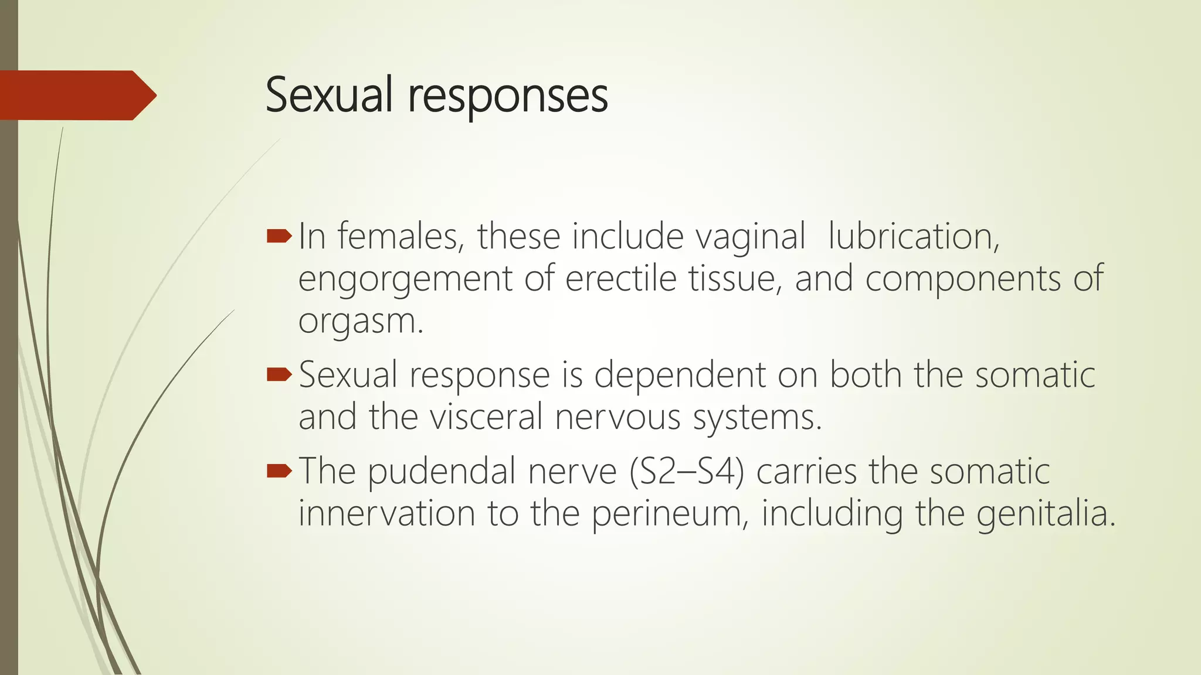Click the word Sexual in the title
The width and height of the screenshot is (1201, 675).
pos(328,95)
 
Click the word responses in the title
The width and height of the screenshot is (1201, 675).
pos(508,97)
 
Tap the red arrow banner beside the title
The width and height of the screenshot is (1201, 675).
pos(76,95)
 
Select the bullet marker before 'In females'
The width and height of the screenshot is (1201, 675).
pos(279,236)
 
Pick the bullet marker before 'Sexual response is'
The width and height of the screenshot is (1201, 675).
pos(279,374)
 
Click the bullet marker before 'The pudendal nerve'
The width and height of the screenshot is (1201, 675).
pos(279,470)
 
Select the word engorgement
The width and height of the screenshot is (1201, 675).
pos(405,279)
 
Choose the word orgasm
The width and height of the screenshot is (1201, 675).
pos(359,322)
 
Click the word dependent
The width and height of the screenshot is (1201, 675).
pos(680,375)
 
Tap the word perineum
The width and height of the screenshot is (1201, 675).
pos(669,514)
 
